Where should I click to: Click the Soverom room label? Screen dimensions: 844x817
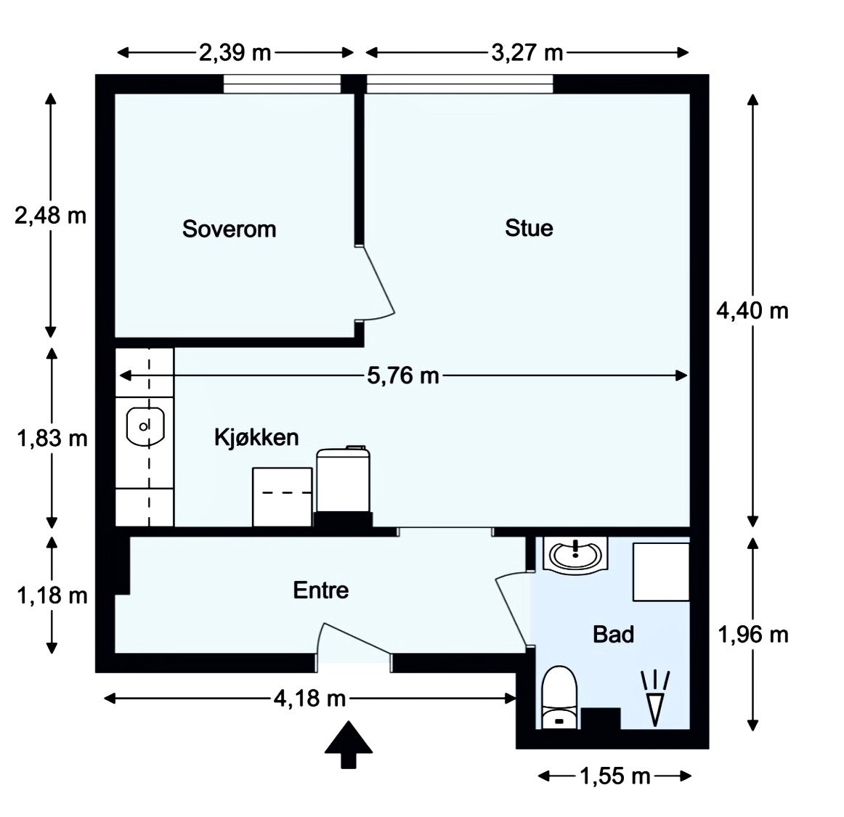click(230, 229)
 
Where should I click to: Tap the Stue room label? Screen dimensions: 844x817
click(529, 227)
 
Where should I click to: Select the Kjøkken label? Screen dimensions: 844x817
click(256, 437)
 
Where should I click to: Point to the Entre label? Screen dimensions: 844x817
click(321, 590)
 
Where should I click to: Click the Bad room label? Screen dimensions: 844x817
click(613, 634)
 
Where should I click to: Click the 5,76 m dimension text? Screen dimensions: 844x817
click(403, 375)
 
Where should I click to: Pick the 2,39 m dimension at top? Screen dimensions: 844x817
click(235, 53)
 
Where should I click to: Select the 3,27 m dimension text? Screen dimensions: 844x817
click(527, 53)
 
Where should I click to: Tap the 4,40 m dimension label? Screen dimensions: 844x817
click(752, 311)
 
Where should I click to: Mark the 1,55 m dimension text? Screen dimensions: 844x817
click(614, 776)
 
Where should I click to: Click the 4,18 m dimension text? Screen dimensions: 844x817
click(309, 699)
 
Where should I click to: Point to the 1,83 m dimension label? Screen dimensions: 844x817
click(52, 439)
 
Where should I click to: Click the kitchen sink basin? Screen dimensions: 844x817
click(145, 427)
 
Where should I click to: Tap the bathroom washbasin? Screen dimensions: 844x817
click(575, 553)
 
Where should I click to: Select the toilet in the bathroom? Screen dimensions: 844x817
click(559, 697)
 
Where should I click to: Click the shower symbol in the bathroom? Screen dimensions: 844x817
click(655, 699)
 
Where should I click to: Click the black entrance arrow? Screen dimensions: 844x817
click(349, 744)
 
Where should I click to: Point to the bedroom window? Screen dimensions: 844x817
click(282, 84)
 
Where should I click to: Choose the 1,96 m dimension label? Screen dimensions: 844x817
click(753, 635)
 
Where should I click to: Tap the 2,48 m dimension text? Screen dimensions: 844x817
click(51, 216)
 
